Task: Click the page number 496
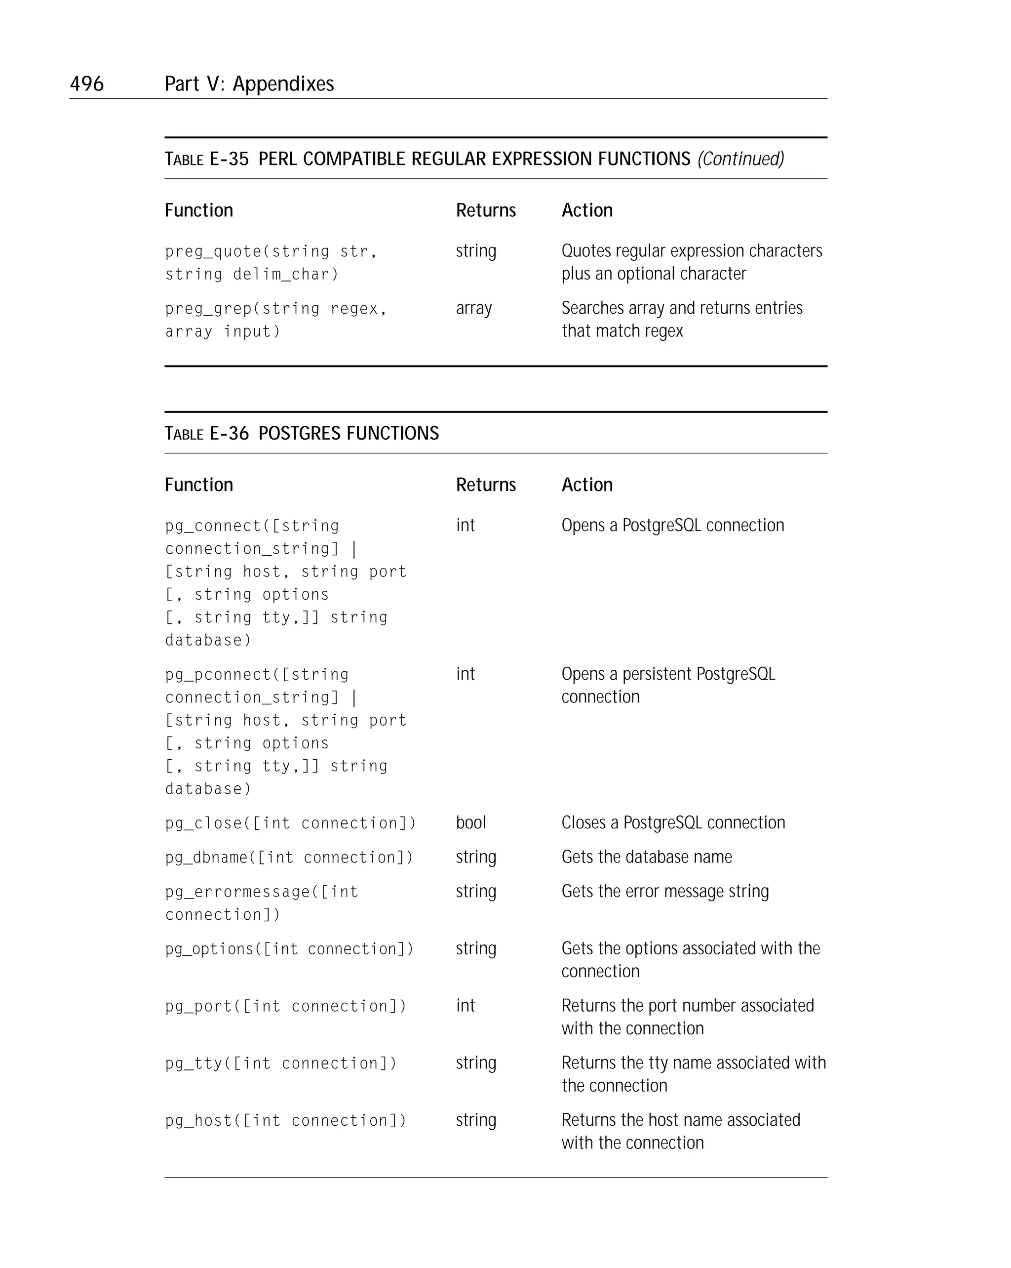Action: [x=86, y=83]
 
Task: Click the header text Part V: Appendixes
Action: [x=249, y=83]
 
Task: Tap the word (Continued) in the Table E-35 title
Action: [x=740, y=159]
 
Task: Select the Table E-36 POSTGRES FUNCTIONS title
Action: [x=302, y=433]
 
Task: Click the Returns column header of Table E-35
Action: [x=486, y=210]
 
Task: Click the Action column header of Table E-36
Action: [x=586, y=485]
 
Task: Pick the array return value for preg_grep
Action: [x=474, y=308]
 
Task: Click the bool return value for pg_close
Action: [x=471, y=822]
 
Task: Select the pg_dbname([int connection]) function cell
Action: [x=289, y=858]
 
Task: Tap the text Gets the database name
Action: [x=647, y=857]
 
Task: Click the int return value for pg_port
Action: [x=465, y=1006]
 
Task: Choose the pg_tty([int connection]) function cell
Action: [x=281, y=1063]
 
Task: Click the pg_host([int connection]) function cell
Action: [x=286, y=1120]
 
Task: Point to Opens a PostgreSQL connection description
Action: [x=672, y=525]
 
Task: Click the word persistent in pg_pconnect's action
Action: [x=657, y=674]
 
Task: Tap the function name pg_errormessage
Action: [x=241, y=892]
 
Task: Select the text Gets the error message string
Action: [x=665, y=892]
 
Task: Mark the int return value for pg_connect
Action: [x=465, y=525]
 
